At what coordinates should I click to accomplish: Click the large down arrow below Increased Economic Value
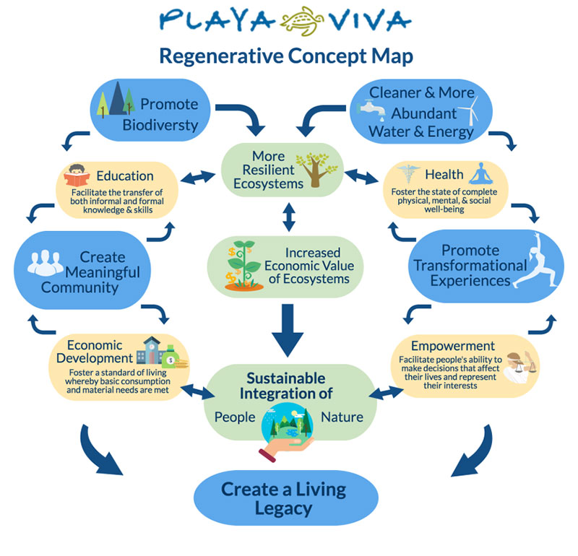point(290,329)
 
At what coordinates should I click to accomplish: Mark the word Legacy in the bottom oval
point(283,508)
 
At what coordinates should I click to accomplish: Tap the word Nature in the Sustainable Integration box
point(343,417)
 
